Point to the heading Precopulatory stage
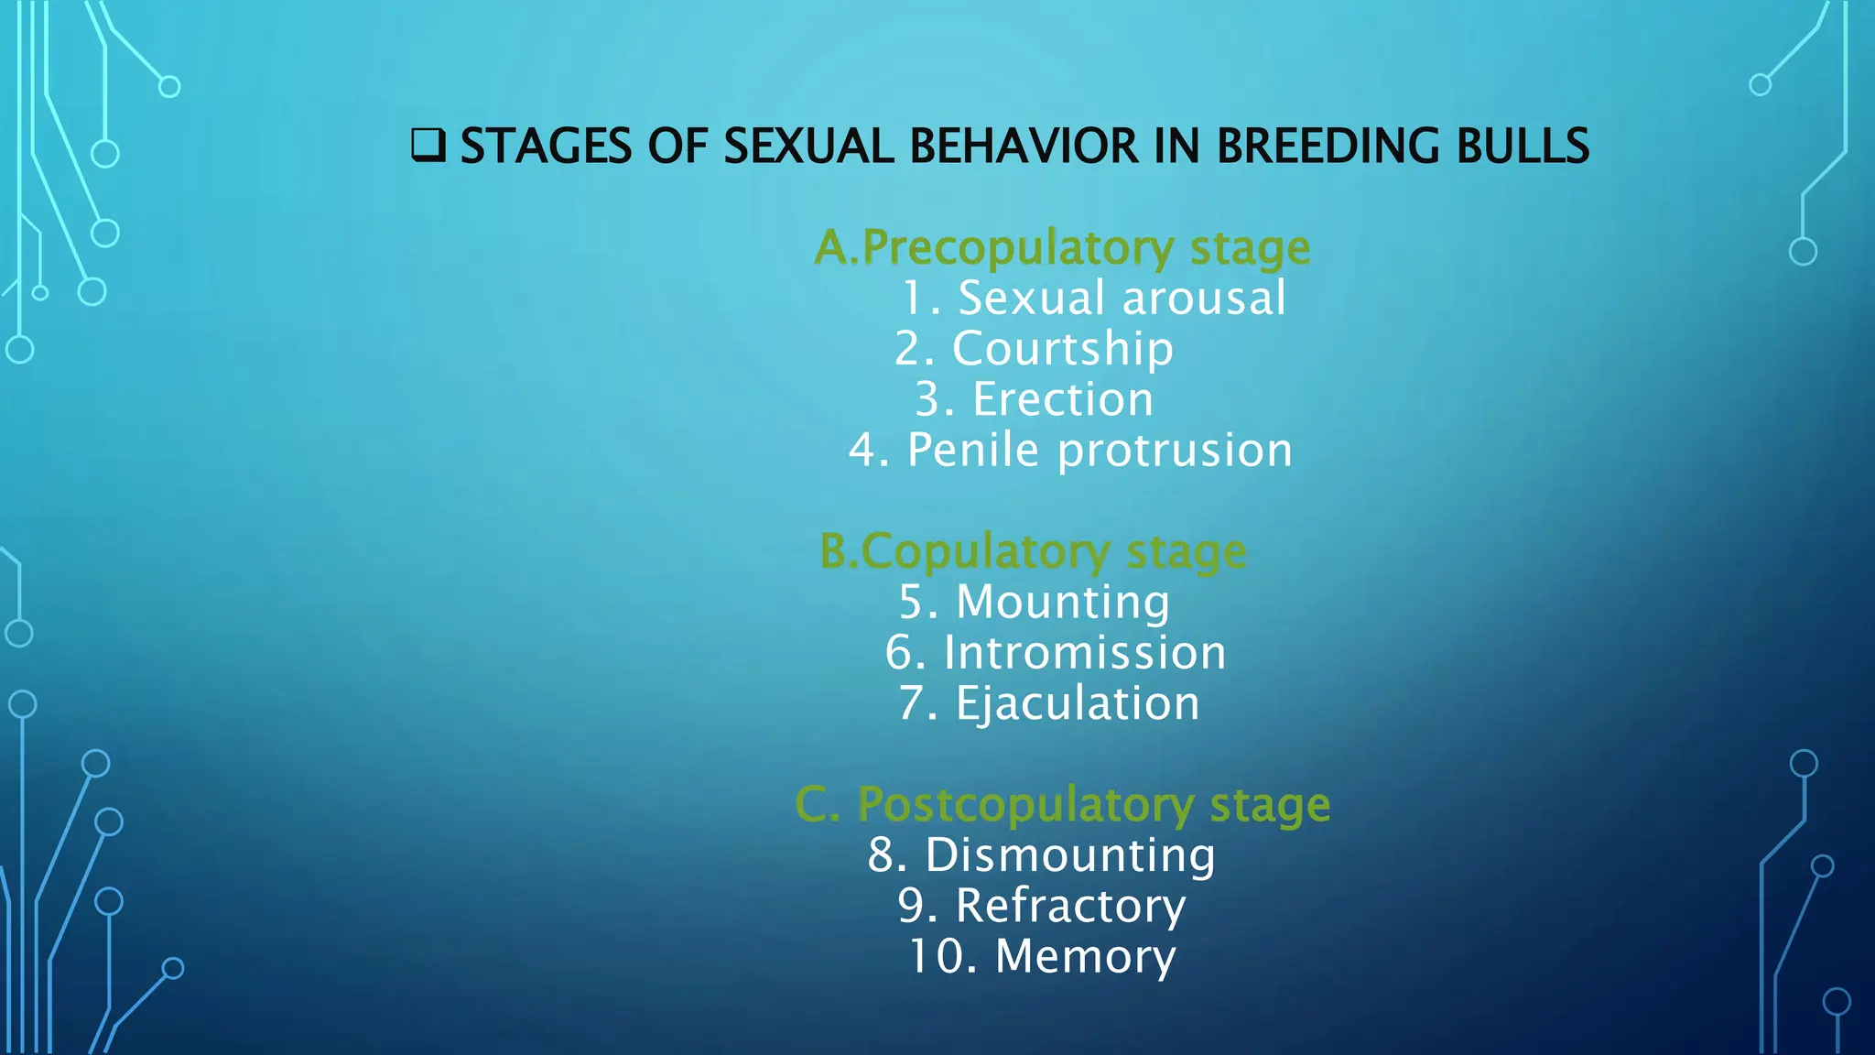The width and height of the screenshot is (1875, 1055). (1062, 247)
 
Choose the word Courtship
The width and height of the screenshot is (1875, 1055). (1062, 349)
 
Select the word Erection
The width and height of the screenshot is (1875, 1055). (1062, 400)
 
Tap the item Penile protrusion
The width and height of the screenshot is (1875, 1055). (1099, 451)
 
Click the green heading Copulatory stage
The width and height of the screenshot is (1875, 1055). (1033, 552)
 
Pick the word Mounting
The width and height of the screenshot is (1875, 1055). (1062, 603)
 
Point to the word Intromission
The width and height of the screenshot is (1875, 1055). (1084, 653)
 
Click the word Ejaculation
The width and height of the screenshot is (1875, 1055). (1077, 704)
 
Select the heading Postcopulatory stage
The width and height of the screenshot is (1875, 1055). (1062, 805)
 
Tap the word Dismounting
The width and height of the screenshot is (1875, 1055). (1069, 855)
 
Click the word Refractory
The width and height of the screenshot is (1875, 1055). (1069, 907)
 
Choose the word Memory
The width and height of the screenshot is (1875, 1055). (1085, 957)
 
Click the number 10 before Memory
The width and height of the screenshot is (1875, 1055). (934, 957)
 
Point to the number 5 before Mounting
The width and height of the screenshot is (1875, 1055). (915, 603)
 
